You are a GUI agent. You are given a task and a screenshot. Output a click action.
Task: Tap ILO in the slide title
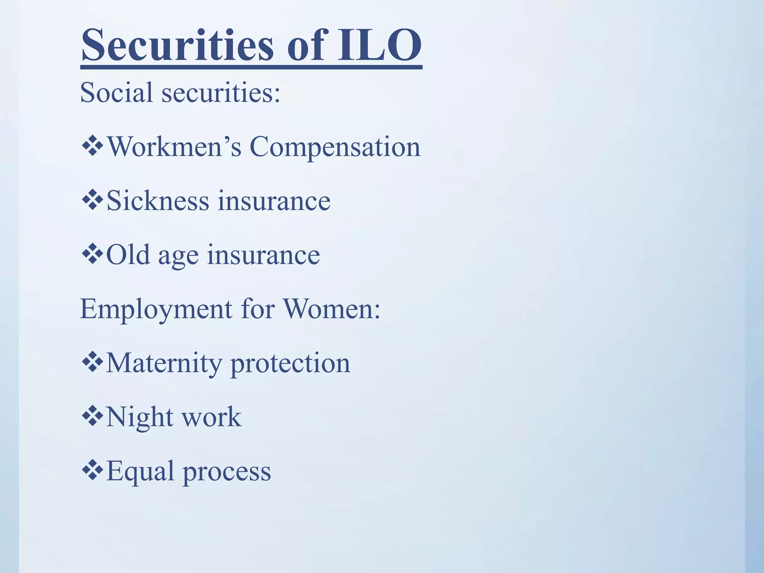click(x=379, y=45)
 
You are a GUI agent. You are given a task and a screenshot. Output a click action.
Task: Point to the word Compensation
click(x=335, y=147)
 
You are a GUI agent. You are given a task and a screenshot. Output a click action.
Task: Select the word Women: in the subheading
click(x=332, y=309)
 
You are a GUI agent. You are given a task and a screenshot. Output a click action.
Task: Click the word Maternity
click(x=164, y=363)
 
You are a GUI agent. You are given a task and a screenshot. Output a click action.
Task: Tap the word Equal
click(x=140, y=472)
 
